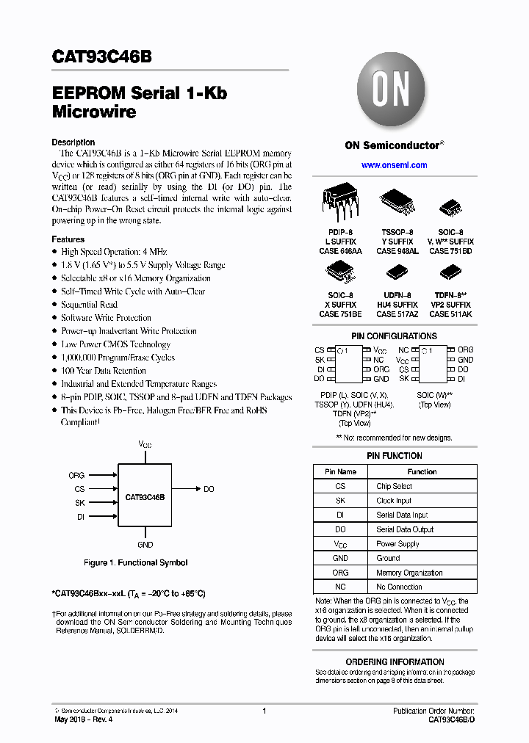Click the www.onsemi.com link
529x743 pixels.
(x=394, y=165)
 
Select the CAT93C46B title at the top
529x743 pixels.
(x=102, y=57)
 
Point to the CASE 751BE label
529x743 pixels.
(x=339, y=314)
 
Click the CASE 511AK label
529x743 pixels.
(x=450, y=314)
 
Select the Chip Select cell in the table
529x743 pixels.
(x=394, y=486)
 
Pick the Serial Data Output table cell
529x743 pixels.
(x=405, y=529)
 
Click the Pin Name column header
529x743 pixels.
(x=340, y=471)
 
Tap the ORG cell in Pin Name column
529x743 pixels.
(x=340, y=573)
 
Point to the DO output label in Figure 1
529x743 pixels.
(x=209, y=489)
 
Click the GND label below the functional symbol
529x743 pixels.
(x=145, y=545)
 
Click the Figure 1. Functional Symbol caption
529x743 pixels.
(x=135, y=563)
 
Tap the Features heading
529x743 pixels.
(x=68, y=239)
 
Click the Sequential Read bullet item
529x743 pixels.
(x=89, y=305)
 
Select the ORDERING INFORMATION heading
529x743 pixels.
(x=395, y=662)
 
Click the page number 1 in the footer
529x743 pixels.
(x=264, y=711)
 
